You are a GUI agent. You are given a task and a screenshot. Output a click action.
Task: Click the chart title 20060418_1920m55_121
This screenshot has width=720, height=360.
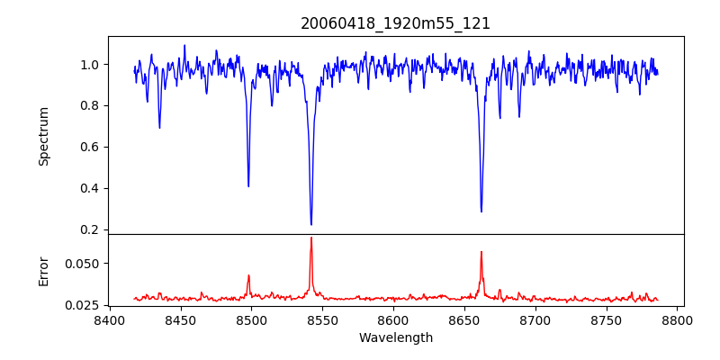396,23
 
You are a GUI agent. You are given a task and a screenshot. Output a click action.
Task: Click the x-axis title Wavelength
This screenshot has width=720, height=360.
396,338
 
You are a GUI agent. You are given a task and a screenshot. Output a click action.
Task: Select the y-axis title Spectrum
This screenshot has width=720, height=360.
43,136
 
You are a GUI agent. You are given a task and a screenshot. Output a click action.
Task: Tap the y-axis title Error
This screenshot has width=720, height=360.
43,271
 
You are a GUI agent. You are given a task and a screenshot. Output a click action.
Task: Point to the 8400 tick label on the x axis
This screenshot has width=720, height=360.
109,320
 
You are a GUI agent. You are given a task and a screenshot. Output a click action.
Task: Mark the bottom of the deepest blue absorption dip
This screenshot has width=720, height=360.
311,224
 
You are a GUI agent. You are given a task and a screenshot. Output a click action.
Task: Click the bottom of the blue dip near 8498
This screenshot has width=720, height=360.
248,186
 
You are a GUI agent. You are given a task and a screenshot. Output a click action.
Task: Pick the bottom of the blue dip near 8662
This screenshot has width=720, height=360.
481,211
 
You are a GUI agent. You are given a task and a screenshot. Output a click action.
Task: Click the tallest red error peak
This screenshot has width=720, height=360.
311,238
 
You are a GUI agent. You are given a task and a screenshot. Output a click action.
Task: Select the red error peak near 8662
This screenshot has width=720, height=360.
481,251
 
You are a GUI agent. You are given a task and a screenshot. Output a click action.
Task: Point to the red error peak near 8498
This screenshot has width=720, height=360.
248,275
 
